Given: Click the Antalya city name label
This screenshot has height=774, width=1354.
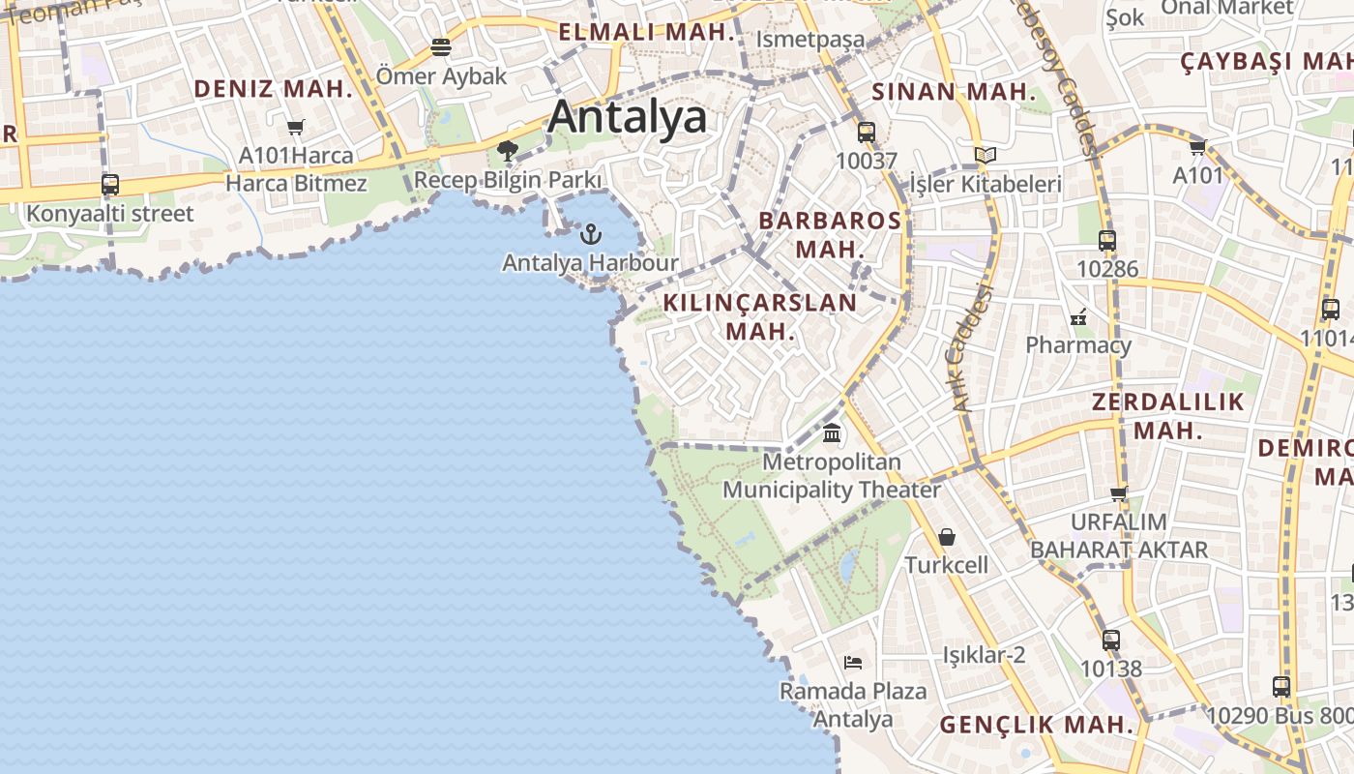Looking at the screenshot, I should (627, 117).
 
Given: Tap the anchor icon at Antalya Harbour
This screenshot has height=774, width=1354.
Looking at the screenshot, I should (590, 234).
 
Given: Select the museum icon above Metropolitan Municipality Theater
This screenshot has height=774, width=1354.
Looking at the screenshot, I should (832, 432).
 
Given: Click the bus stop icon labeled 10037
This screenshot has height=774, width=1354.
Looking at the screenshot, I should (867, 133).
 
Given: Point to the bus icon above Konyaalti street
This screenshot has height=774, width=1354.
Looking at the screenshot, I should (110, 185).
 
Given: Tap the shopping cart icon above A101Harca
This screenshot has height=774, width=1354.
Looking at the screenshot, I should (296, 127).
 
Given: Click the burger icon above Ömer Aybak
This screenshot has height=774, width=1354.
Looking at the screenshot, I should (441, 47).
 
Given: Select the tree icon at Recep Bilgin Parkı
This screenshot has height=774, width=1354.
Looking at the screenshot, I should (507, 150).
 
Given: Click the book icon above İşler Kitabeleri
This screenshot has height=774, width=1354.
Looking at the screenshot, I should (986, 155).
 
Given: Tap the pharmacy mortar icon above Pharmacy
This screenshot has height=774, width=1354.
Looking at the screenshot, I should (1078, 316).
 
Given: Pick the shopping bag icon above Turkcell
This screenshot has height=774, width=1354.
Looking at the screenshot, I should (947, 536).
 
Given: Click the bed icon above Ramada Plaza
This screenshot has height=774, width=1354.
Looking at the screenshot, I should (852, 663).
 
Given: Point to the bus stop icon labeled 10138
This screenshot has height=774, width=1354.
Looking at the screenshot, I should (1111, 640).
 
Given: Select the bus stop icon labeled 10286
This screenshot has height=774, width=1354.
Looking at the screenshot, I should (1107, 241).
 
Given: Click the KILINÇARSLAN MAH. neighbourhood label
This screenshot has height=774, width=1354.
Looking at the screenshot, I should (760, 316).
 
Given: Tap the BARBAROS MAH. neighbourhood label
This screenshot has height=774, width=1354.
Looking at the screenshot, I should (830, 234).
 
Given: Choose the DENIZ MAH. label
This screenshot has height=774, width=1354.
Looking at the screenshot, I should (274, 89).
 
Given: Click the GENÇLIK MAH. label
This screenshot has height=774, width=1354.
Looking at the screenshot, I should (1037, 725).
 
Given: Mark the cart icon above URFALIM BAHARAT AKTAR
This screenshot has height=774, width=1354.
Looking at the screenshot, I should (1119, 494).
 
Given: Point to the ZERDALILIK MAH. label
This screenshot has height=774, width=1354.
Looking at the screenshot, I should (1168, 415).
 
